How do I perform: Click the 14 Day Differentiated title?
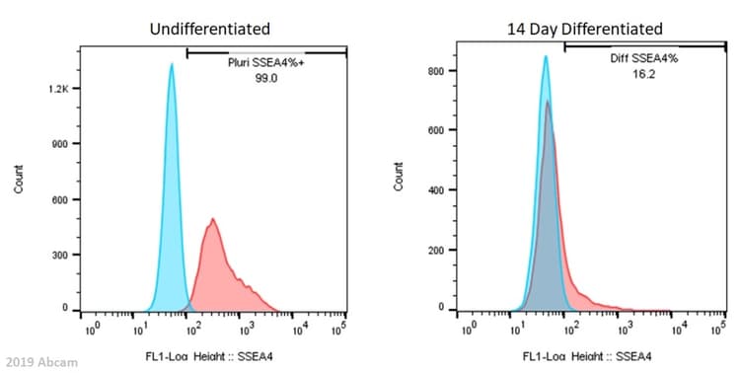[599, 30]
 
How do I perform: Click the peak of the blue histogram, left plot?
[172, 65]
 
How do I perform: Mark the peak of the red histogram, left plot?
[212, 219]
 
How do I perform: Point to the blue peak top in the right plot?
[546, 57]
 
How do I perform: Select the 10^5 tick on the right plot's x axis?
[724, 327]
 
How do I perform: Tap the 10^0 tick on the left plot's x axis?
[91, 327]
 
